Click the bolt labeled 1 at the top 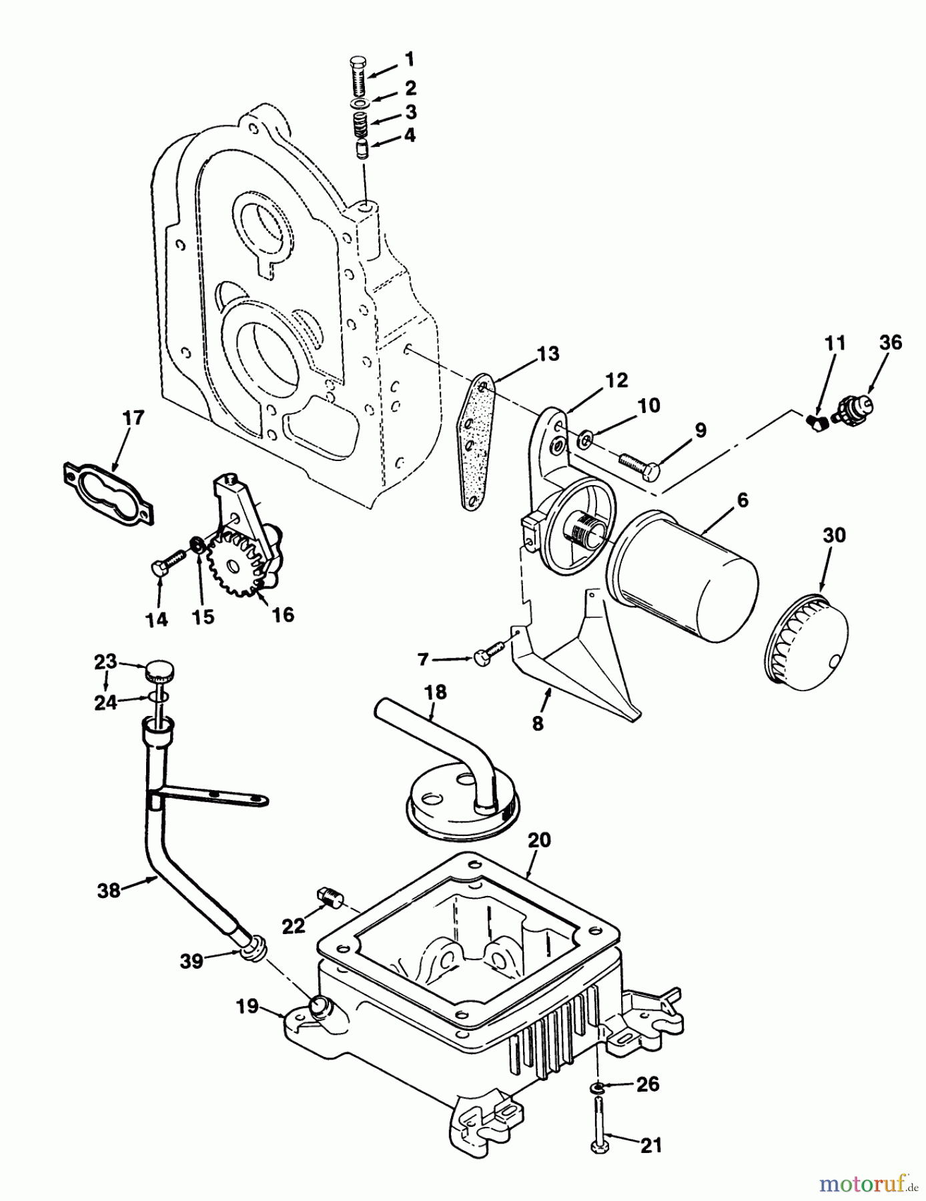click(x=358, y=75)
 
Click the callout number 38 click(x=109, y=889)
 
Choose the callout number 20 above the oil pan click(x=539, y=840)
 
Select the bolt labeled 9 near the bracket click(x=638, y=464)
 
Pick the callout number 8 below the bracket click(x=538, y=723)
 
